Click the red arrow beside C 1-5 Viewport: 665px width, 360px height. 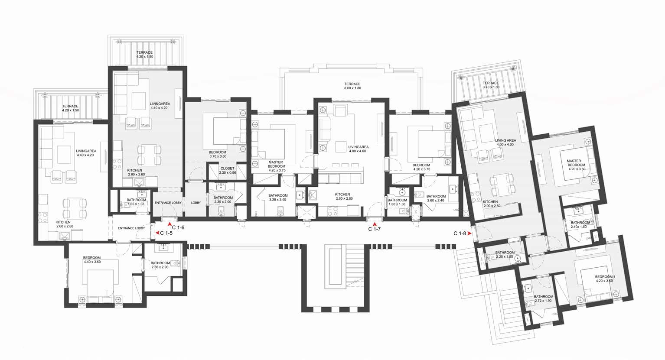(157, 233)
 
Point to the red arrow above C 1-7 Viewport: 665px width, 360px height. (375, 224)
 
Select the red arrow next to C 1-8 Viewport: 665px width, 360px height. (469, 234)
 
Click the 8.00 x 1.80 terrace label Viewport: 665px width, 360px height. (352, 86)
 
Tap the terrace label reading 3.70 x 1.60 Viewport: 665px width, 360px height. (491, 85)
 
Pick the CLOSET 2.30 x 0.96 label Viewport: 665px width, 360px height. (228, 170)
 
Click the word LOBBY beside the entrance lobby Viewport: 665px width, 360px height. (196, 203)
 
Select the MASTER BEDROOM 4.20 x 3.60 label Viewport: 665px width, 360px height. (576, 165)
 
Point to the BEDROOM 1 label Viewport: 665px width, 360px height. (605, 277)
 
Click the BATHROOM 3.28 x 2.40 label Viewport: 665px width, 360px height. (278, 198)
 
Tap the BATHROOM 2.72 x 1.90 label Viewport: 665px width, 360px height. (544, 298)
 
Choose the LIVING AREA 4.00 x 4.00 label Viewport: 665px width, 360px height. (505, 143)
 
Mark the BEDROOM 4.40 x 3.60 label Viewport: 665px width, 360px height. (92, 259)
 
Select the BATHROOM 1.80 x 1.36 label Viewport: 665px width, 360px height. (397, 202)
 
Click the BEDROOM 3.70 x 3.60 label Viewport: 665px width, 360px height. (218, 154)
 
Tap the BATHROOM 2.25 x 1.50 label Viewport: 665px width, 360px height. (505, 255)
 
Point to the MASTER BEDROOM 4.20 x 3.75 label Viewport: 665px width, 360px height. (277, 166)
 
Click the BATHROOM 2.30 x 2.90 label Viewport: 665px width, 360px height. (160, 265)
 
